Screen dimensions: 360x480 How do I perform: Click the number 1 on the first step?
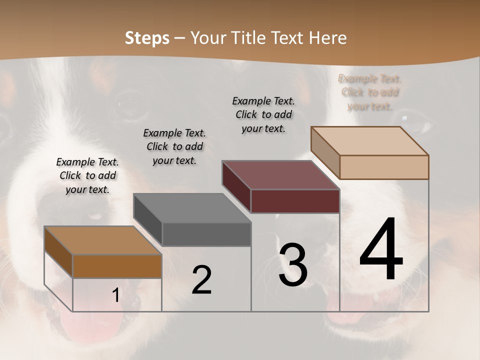click(x=115, y=295)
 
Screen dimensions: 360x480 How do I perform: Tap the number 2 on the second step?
click(x=201, y=280)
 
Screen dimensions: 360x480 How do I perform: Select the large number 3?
click(x=292, y=265)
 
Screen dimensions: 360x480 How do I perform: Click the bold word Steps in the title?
click(x=147, y=38)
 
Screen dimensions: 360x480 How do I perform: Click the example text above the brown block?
click(x=87, y=175)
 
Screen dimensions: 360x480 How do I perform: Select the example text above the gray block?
click(x=174, y=146)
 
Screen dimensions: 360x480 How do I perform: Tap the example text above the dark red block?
click(x=263, y=114)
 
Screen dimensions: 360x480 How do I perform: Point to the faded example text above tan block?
click(x=370, y=92)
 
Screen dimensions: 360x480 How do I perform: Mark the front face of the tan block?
click(x=384, y=167)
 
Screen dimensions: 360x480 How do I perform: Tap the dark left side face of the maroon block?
click(x=236, y=186)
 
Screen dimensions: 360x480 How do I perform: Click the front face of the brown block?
click(x=117, y=266)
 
